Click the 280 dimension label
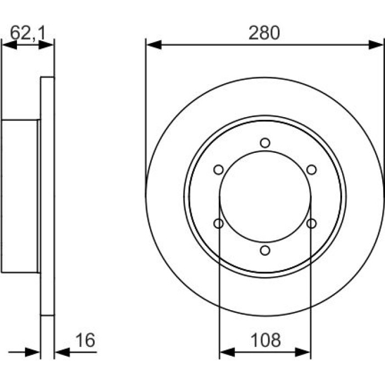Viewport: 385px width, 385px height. click(x=264, y=33)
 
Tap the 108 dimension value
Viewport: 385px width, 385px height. click(x=265, y=340)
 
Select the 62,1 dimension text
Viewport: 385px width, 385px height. click(x=28, y=32)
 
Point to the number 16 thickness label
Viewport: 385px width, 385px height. click(x=85, y=340)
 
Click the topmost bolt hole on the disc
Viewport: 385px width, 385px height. click(x=265, y=142)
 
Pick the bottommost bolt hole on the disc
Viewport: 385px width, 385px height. click(x=265, y=250)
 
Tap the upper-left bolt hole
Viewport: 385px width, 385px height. click(x=218, y=169)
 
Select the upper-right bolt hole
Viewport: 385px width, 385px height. click(x=312, y=169)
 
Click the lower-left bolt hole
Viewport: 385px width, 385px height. click(x=218, y=223)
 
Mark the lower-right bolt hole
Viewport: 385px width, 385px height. click(x=312, y=223)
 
